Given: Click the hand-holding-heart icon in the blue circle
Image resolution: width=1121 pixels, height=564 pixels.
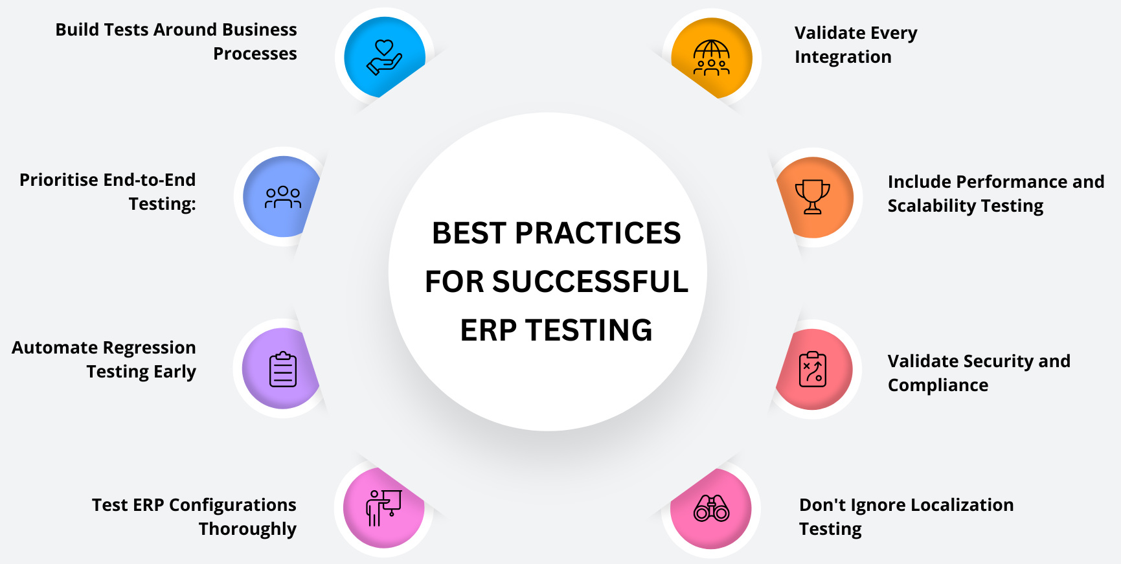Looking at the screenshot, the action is pyautogui.click(x=384, y=57).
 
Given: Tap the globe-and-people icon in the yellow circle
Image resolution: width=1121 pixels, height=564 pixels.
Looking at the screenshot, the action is pyautogui.click(x=711, y=58).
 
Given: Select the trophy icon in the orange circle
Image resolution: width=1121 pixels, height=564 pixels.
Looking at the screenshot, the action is pyautogui.click(x=812, y=197).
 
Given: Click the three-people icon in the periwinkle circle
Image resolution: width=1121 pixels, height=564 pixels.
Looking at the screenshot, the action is pyautogui.click(x=283, y=197).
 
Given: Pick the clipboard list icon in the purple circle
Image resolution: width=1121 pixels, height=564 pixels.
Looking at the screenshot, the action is pyautogui.click(x=283, y=369).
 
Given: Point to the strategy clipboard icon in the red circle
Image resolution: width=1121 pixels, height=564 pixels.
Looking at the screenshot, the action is pyautogui.click(x=812, y=369).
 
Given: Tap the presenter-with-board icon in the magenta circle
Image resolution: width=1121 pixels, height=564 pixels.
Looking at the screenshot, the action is pyautogui.click(x=384, y=508).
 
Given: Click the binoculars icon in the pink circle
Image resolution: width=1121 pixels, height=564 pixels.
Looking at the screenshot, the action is pyautogui.click(x=711, y=508).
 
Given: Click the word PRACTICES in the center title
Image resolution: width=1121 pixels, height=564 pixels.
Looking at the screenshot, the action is pyautogui.click(x=598, y=233).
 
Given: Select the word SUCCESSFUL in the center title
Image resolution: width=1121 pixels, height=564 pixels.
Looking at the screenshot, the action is pyautogui.click(x=590, y=282).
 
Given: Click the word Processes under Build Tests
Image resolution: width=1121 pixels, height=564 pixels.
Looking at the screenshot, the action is pyautogui.click(x=255, y=54).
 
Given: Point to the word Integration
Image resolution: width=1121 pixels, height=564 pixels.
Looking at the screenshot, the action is pyautogui.click(x=843, y=58).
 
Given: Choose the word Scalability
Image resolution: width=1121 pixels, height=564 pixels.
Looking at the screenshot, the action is pyautogui.click(x=931, y=206).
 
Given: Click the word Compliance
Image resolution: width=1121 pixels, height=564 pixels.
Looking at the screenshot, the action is pyautogui.click(x=938, y=385).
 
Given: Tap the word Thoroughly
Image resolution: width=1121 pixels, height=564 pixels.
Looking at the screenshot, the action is pyautogui.click(x=247, y=530).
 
